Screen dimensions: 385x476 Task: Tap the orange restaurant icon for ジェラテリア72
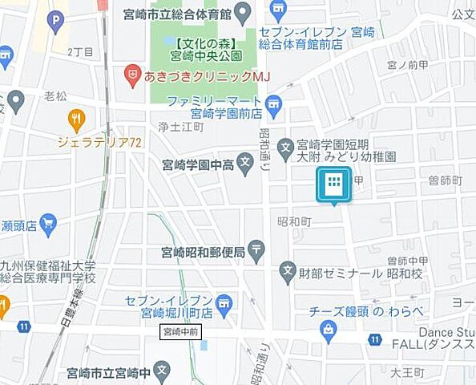coord(77,120)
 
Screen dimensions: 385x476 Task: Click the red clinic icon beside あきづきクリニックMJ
coord(132,76)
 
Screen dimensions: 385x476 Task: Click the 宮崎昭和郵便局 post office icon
coord(256,251)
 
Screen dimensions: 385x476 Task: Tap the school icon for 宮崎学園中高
coord(245,166)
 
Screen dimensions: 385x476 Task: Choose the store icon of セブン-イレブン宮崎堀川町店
coord(224,303)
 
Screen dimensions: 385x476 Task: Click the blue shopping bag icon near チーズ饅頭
coord(328,327)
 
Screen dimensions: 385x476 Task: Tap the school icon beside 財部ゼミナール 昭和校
coord(287,273)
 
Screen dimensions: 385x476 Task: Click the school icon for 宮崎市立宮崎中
coord(163,372)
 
